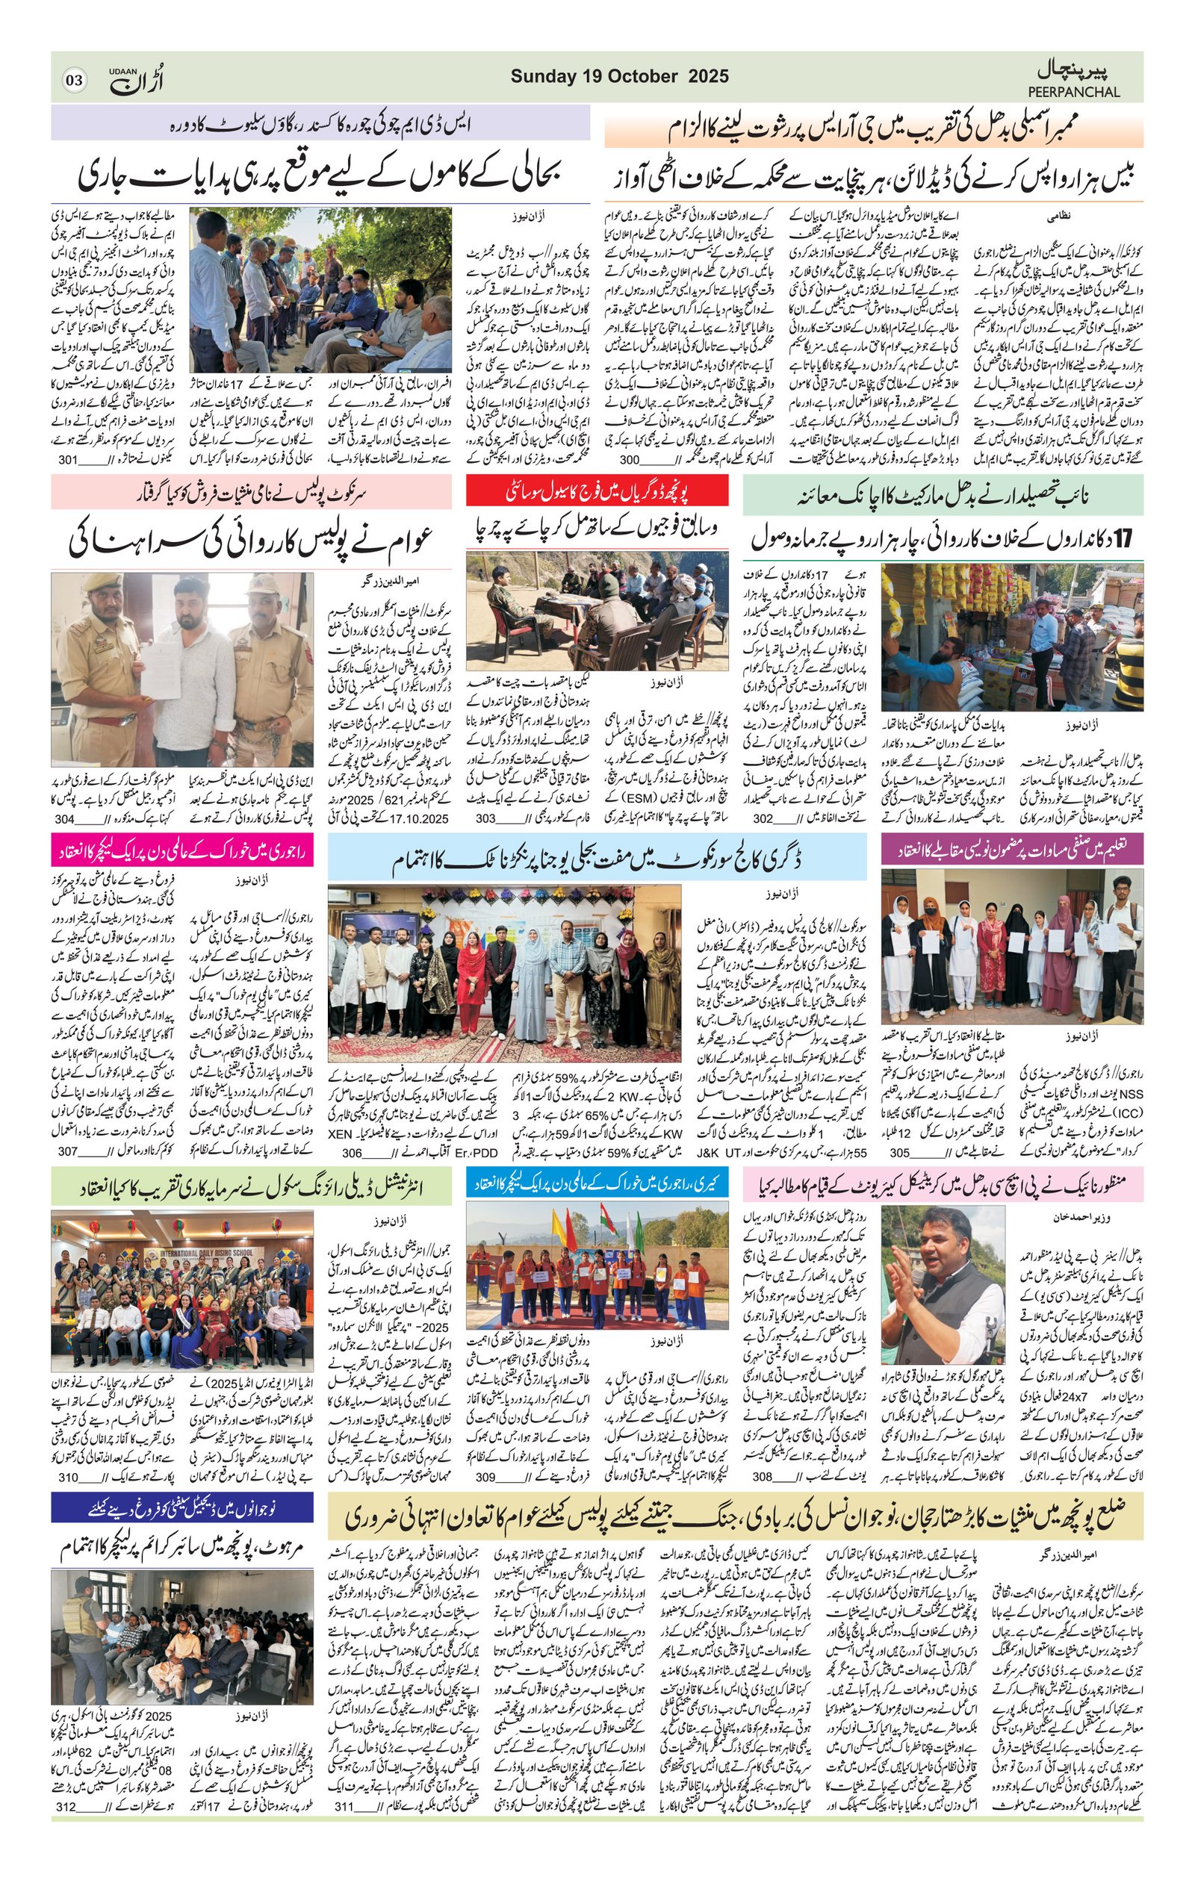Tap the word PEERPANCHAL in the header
pos(1078,92)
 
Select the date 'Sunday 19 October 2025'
pos(620,76)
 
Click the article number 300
pos(629,461)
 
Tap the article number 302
pos(765,818)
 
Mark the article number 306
pos(353,1153)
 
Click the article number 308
pos(765,1476)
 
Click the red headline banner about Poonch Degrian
pos(597,491)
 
